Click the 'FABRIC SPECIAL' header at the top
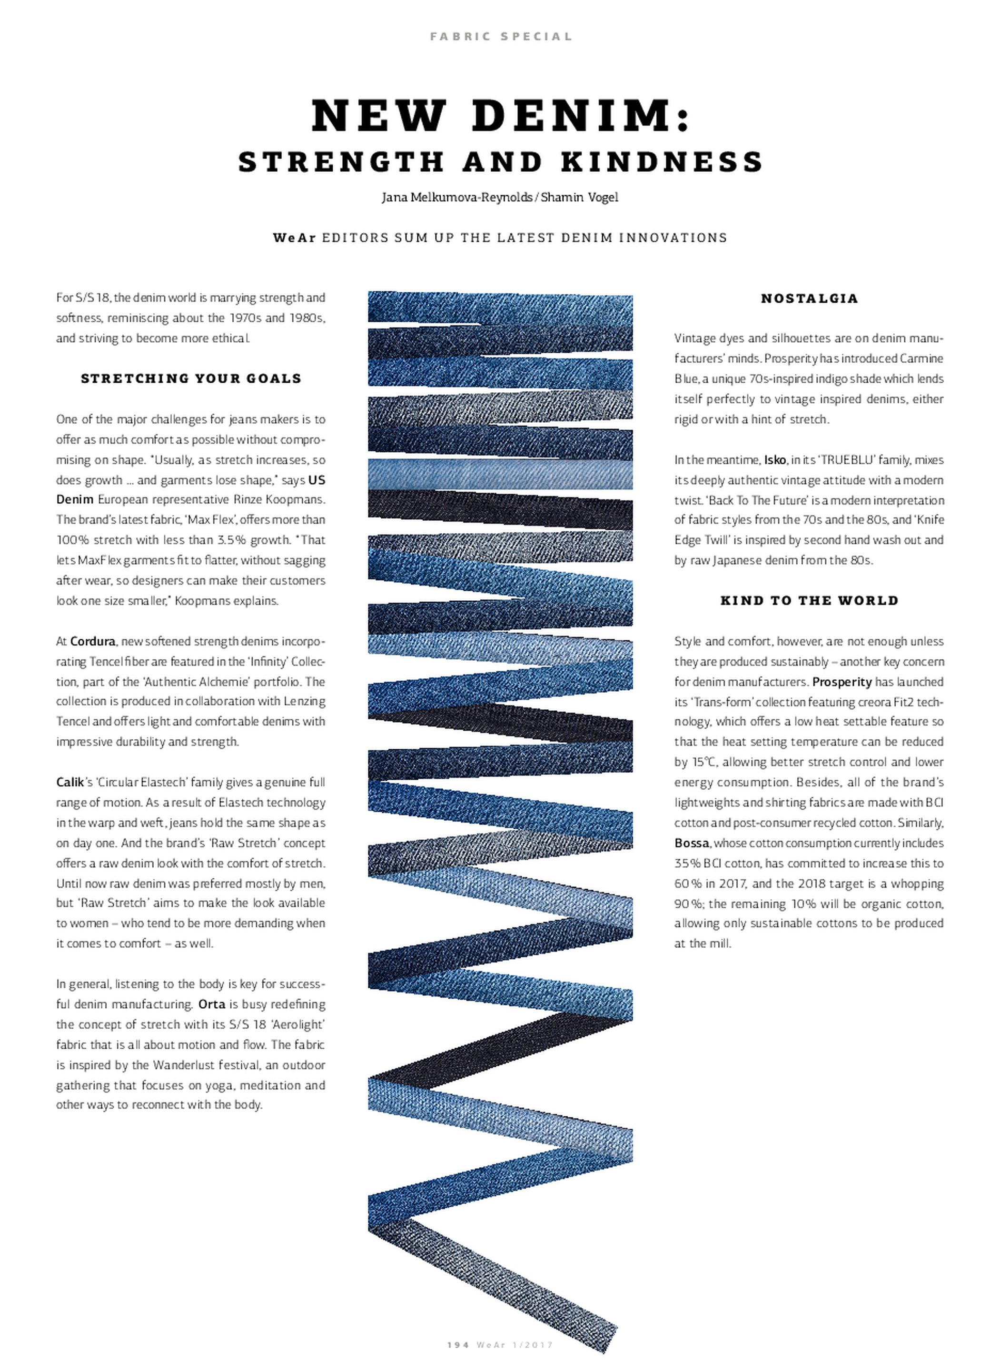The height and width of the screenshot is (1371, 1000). [501, 36]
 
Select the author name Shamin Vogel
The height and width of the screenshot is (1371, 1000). [579, 198]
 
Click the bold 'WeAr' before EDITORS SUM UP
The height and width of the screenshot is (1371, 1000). [294, 238]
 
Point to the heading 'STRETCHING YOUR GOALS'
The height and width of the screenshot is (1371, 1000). [191, 379]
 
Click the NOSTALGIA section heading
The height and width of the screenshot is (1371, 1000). [809, 298]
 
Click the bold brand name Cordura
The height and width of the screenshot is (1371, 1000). [93, 641]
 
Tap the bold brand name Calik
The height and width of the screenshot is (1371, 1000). [69, 782]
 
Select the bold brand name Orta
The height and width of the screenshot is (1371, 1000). [212, 1004]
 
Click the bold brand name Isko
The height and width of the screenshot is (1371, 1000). [775, 460]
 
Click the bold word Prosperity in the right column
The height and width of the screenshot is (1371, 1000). [842, 682]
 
